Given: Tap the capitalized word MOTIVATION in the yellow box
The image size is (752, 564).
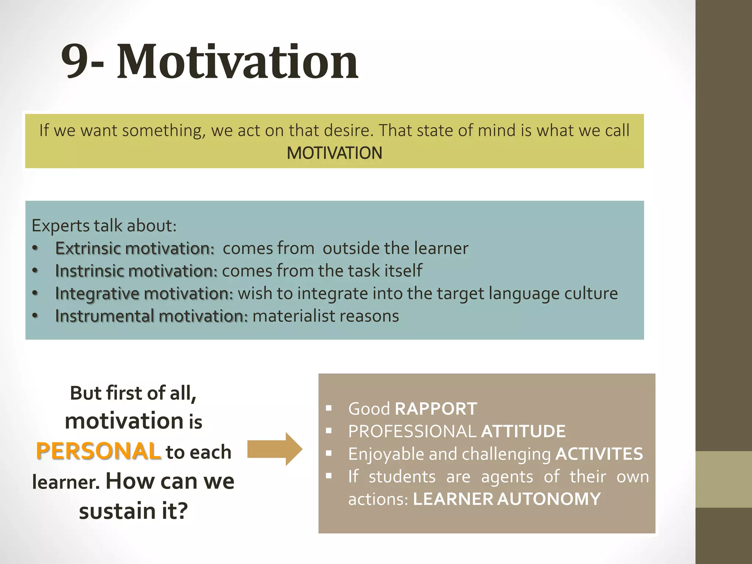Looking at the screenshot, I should [334, 153].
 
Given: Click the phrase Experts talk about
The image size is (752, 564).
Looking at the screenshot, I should [104, 225].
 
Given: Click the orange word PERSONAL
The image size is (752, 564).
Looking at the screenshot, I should [98, 451].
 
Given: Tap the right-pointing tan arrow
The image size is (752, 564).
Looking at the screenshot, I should [275, 449].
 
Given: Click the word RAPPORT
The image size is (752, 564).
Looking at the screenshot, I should [436, 409].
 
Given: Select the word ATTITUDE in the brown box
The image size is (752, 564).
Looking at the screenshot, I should [523, 431].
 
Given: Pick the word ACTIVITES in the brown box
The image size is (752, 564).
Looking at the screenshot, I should [599, 454].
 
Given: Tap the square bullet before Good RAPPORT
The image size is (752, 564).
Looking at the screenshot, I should [329, 408].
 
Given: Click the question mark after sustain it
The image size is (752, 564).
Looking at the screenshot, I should [181, 511].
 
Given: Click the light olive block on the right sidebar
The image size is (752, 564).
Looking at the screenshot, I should [723, 479].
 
